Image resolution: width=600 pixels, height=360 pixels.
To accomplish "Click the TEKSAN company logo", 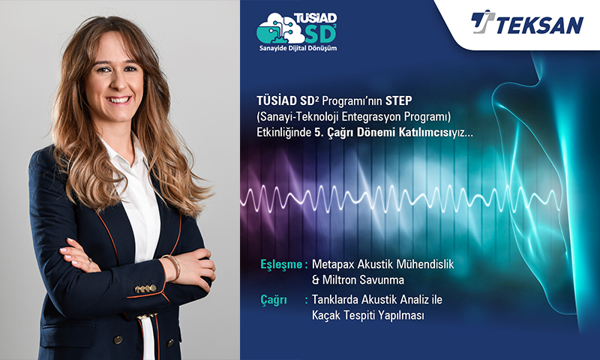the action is (x=527, y=23).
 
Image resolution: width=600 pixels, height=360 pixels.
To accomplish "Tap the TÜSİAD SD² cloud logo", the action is (x=297, y=28).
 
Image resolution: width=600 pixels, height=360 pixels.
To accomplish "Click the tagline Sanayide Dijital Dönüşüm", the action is (x=298, y=48).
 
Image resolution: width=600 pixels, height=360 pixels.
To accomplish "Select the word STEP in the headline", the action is (x=399, y=101).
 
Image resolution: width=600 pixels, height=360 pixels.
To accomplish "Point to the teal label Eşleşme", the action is (x=281, y=264).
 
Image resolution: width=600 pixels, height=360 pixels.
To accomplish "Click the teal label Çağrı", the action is (x=274, y=300).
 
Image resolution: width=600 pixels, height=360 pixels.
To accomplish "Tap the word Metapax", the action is (x=333, y=264).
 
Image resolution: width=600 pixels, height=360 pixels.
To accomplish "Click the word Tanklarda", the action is (x=334, y=299).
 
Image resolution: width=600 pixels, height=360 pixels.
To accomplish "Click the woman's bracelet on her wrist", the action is (x=175, y=267).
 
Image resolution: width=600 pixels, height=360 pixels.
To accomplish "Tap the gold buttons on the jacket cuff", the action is (x=145, y=289).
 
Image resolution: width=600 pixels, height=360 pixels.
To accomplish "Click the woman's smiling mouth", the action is (x=118, y=100).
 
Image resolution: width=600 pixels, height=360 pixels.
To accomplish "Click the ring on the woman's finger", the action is (x=90, y=261).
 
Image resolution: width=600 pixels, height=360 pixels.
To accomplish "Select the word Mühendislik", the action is (x=424, y=264).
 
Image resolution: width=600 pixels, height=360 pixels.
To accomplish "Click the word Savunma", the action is (x=382, y=280).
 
